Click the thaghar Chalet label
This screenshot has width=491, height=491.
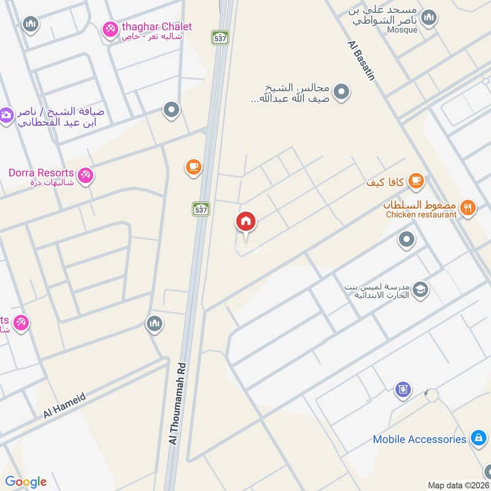tap(157, 27)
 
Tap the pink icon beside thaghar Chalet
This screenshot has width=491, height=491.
tap(110, 28)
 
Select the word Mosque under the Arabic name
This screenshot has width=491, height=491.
tap(403, 29)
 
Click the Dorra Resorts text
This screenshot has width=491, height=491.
tap(41, 173)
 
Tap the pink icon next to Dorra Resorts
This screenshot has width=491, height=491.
tap(86, 175)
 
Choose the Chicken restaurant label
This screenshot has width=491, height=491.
tap(421, 214)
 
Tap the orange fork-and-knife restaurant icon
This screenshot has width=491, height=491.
tap(468, 207)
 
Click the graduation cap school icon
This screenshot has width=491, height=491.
tap(420, 289)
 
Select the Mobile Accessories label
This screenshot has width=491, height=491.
tap(420, 439)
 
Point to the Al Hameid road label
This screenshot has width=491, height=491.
tap(64, 406)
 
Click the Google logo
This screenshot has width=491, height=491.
tap(26, 482)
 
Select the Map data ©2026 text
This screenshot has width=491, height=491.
tap(457, 485)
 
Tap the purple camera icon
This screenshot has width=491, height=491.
tap(6, 115)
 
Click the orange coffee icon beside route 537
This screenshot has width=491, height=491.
tap(193, 166)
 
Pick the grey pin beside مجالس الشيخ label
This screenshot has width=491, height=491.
tap(343, 92)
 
